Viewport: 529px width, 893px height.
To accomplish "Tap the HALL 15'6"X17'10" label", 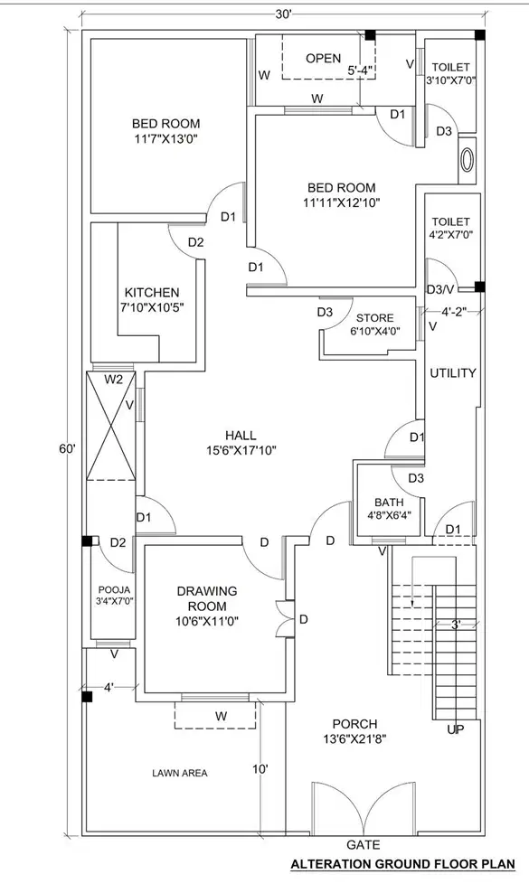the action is coord(241,443).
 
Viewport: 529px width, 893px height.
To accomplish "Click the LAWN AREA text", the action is coord(180,773).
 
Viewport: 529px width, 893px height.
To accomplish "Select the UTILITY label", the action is coord(453,373).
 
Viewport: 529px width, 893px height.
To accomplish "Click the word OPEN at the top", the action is coord(323,58).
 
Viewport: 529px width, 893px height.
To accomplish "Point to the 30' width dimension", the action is coord(283,14).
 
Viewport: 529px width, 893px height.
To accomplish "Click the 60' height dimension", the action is coord(67,449).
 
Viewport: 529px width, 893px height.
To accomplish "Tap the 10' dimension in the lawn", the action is coord(260,769).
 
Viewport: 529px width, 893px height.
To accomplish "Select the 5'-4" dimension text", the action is coord(360,70).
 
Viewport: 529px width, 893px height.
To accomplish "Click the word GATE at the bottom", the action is coord(364,844).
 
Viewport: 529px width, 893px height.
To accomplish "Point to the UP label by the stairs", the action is coord(455,729).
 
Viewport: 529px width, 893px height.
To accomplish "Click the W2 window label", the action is coord(113,380).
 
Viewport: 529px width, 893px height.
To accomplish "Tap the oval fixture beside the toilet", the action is coord(468,160).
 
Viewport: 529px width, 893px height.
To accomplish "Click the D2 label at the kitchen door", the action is coord(195,242).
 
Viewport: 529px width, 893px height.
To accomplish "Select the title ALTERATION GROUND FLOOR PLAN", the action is coord(403,864).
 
